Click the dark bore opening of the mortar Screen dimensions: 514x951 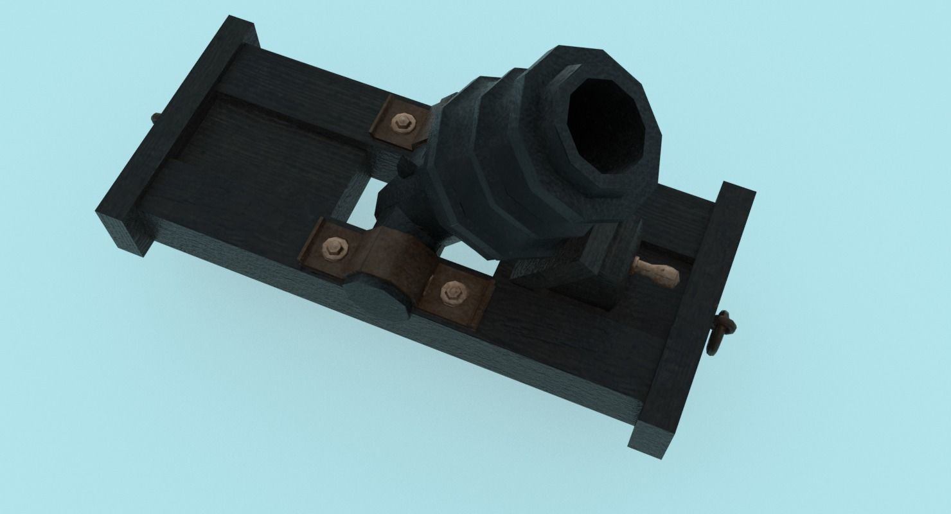(x=607, y=125)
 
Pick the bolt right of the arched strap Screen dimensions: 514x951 (x=452, y=292)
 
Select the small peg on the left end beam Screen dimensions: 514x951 (x=155, y=119)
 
